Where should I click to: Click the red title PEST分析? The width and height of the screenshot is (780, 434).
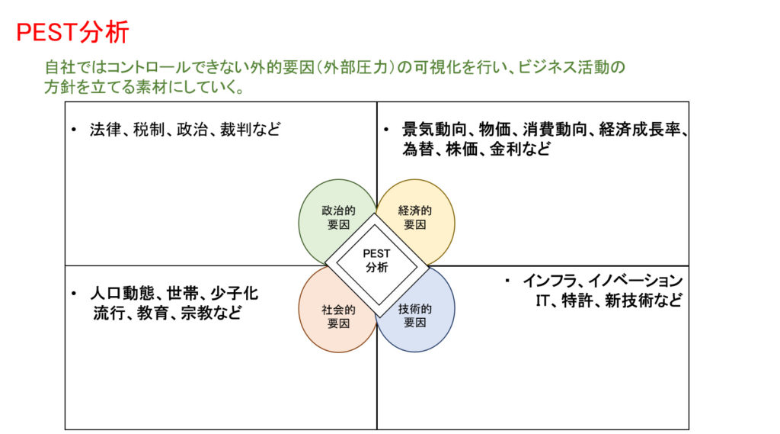click(72, 32)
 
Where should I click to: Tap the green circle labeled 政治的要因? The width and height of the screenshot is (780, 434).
click(337, 222)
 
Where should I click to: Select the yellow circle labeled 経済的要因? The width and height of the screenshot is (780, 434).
click(415, 222)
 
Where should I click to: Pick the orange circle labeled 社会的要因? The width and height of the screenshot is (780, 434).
click(337, 310)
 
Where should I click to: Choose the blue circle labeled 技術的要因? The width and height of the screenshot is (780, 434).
click(415, 310)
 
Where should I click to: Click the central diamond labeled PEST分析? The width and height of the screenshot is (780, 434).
click(376, 265)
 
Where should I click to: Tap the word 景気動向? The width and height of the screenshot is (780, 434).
click(433, 130)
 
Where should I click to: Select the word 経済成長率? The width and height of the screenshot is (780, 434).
click(640, 130)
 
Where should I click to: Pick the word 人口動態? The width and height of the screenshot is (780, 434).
click(121, 293)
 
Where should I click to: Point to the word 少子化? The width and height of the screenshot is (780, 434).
click(235, 293)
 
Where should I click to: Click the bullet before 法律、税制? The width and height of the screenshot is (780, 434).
click(74, 130)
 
